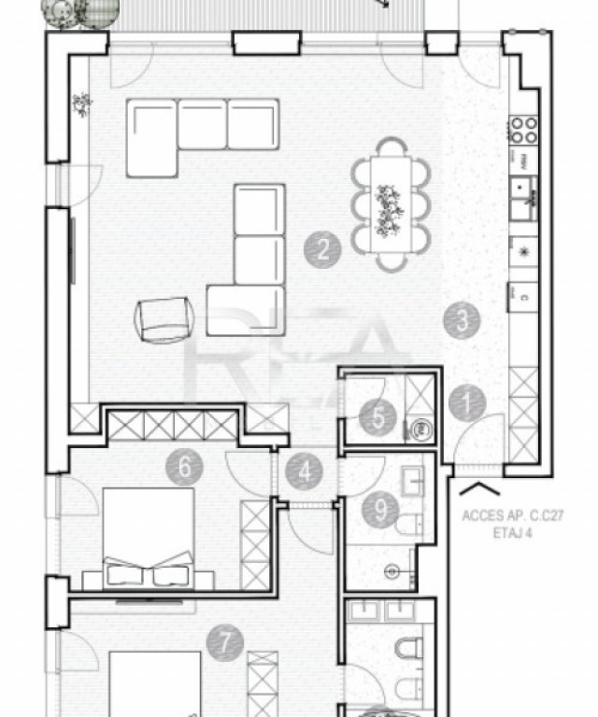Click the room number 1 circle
466,404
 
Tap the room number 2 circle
322,249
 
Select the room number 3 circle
462,320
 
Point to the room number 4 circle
305,471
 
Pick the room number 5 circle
377,416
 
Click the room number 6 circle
184,465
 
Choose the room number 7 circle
224,642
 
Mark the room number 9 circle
381,510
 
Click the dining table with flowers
391,204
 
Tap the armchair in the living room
164,319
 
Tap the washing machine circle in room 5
420,429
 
